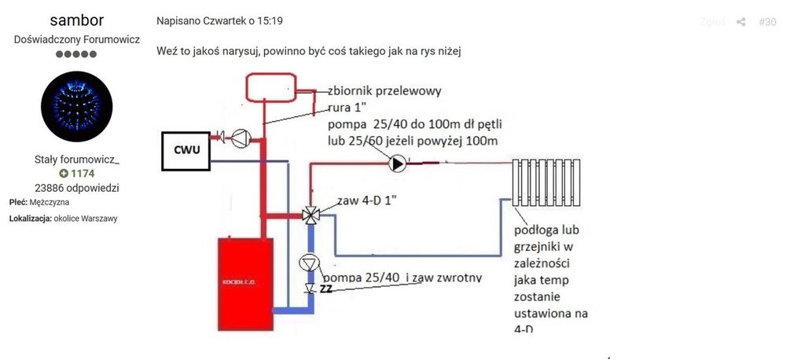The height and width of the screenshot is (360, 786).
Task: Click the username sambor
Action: (76, 20)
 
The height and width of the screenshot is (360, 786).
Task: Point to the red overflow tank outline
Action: (270, 86)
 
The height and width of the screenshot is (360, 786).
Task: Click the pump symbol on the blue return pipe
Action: (310, 263)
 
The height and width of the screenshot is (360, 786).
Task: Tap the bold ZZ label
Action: (326, 290)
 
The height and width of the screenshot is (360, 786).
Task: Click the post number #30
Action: (767, 22)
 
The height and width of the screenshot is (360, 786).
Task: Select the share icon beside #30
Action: (740, 22)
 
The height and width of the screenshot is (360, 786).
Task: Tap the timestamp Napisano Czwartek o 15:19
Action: (208, 20)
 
